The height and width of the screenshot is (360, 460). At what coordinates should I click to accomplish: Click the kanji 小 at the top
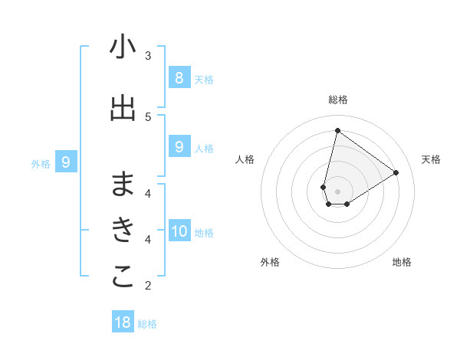tap(123, 47)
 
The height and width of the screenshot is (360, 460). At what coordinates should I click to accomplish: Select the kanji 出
tap(123, 109)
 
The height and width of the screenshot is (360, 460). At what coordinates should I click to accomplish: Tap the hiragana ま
tap(123, 184)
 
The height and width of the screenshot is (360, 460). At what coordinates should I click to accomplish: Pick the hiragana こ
tap(123, 278)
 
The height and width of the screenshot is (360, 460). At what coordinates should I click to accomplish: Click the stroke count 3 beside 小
tap(148, 55)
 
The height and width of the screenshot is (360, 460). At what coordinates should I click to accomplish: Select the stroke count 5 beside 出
tap(148, 116)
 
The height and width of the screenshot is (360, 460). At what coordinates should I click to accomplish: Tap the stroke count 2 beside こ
tap(148, 286)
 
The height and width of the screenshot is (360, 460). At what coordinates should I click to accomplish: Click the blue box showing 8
tap(179, 77)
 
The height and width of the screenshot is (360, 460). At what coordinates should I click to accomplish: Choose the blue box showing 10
tap(179, 231)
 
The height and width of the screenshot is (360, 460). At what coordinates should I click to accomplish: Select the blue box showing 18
tap(123, 322)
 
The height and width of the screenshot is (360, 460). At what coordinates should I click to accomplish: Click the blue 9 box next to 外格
tap(66, 162)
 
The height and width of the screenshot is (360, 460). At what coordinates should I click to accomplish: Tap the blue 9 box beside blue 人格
tap(179, 146)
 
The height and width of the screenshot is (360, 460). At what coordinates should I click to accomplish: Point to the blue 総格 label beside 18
tap(147, 324)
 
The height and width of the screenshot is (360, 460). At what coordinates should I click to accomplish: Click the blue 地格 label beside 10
tap(204, 233)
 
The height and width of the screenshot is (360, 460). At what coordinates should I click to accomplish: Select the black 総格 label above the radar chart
tap(337, 100)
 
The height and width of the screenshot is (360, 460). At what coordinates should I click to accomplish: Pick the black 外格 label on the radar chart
tap(270, 263)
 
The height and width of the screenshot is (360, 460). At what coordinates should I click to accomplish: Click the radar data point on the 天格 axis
tap(396, 173)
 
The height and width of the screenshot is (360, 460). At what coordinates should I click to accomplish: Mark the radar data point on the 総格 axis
tap(337, 130)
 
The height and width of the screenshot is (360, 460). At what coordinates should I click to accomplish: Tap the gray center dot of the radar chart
tap(337, 191)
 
